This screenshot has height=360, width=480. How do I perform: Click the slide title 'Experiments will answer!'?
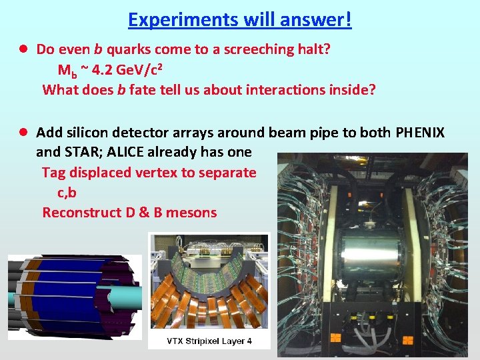(239, 19)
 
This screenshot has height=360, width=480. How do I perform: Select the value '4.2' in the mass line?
(105, 69)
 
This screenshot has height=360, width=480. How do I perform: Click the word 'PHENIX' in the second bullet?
(420, 133)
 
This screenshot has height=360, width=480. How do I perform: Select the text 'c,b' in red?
(67, 193)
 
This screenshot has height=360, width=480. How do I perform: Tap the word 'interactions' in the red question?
(283, 89)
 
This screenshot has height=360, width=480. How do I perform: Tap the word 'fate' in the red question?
(143, 89)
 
